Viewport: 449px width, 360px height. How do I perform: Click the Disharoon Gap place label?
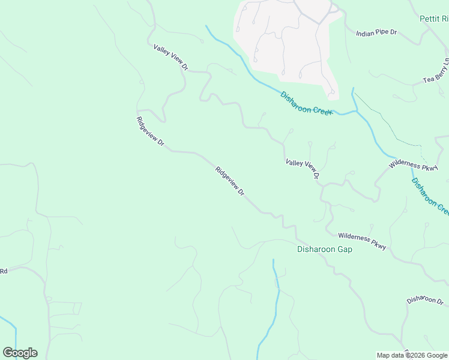(325, 249)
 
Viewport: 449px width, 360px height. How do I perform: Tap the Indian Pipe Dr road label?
(377, 33)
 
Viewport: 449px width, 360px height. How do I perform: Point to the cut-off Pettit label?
(433, 19)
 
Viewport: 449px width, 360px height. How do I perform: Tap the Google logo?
(20, 353)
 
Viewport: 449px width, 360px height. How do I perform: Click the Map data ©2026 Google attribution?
(412, 355)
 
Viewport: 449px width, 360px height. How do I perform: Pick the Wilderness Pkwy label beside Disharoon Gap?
(361, 241)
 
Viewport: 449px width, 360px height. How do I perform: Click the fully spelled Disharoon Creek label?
(306, 103)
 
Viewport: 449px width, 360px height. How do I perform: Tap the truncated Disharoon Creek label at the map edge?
(430, 195)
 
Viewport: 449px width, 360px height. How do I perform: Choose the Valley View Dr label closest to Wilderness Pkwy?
(302, 169)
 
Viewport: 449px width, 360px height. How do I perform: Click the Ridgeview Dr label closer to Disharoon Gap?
(230, 181)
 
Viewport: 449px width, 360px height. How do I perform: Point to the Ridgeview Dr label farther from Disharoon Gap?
(151, 131)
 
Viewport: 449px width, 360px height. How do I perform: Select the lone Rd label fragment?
(4, 271)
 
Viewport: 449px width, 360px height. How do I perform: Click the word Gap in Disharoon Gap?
(344, 249)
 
